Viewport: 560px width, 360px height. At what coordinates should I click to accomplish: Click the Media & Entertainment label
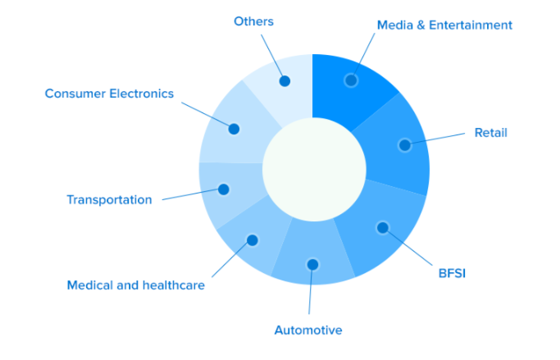pyautogui.click(x=444, y=25)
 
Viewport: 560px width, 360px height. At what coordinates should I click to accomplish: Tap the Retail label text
pyautogui.click(x=490, y=133)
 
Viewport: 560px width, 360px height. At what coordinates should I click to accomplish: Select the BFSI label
pyautogui.click(x=452, y=274)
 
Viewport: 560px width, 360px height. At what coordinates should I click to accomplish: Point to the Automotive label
pyautogui.click(x=308, y=330)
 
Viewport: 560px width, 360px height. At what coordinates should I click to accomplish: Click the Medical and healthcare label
pyautogui.click(x=136, y=285)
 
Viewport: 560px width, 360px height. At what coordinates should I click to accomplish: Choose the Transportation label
pyautogui.click(x=109, y=199)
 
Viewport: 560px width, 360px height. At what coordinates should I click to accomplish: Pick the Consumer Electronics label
pyautogui.click(x=109, y=93)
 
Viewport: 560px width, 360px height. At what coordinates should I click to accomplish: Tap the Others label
pyautogui.click(x=253, y=21)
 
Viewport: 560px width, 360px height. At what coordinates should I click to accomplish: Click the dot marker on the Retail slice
pyautogui.click(x=405, y=145)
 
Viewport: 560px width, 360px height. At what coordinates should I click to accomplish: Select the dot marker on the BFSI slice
pyautogui.click(x=383, y=227)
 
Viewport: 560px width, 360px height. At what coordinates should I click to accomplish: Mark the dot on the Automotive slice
pyautogui.click(x=312, y=265)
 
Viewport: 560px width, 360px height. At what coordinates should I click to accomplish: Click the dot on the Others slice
pyautogui.click(x=285, y=81)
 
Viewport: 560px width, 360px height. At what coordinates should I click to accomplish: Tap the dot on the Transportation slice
pyautogui.click(x=224, y=189)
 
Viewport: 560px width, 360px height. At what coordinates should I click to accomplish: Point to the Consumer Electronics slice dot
pyautogui.click(x=234, y=129)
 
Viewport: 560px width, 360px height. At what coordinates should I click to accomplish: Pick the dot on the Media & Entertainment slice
pyautogui.click(x=351, y=80)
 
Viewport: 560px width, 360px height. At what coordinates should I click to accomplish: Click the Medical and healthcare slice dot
pyautogui.click(x=253, y=240)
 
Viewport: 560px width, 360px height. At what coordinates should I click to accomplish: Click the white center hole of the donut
pyautogui.click(x=314, y=169)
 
